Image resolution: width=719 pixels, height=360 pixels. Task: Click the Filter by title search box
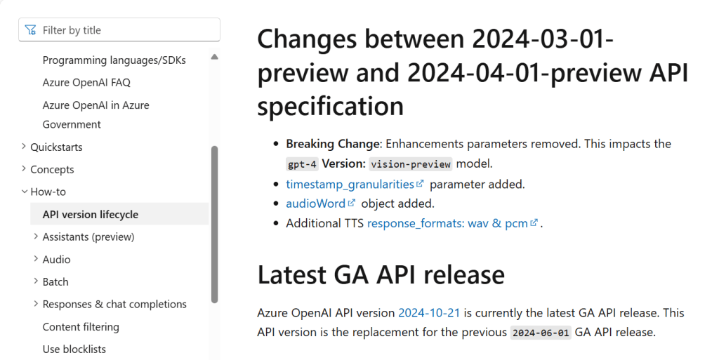119,30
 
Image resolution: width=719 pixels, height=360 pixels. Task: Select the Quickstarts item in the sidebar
56,147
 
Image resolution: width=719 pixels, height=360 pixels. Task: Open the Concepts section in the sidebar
52,169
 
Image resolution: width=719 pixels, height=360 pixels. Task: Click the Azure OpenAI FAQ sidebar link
86,82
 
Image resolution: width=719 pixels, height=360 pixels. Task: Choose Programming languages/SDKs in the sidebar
114,60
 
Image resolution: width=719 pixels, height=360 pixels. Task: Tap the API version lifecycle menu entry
91,214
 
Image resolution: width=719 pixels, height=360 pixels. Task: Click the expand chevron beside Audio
36,259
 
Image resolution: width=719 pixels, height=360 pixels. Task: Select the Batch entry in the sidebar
55,281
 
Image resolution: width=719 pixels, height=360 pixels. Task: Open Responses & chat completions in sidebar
114,304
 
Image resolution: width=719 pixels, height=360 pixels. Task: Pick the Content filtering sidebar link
81,327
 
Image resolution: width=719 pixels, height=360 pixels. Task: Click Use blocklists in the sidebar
74,349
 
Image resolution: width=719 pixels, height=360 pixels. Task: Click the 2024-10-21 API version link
429,313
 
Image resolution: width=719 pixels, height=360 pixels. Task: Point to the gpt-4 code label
302,164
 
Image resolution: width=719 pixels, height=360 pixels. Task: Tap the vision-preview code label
411,164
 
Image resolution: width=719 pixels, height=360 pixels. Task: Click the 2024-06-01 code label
541,333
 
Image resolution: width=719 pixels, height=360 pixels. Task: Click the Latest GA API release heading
381,274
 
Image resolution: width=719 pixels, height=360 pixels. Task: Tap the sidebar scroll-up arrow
214,57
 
